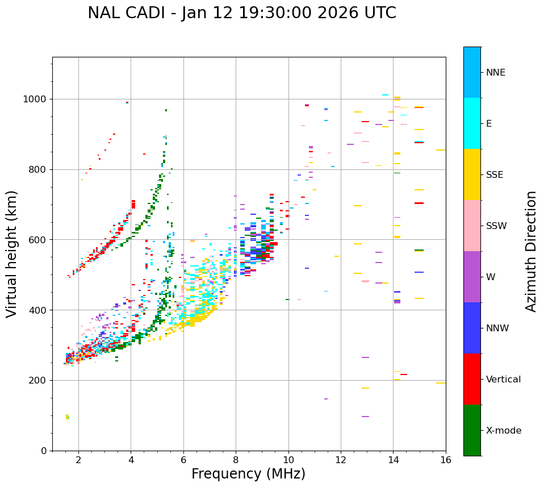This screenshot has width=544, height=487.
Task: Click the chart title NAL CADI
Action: coord(135,14)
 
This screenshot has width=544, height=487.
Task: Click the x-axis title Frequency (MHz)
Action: coord(248,474)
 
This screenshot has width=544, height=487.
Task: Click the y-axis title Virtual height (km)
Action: coord(12,253)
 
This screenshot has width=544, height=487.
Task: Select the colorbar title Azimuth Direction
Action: coord(531,251)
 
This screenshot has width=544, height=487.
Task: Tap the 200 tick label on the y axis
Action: coord(39,380)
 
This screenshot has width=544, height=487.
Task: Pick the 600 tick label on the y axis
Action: coord(39,239)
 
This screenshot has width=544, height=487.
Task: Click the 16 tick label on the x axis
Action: coord(446,460)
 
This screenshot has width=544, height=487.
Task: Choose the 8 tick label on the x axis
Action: coord(236,460)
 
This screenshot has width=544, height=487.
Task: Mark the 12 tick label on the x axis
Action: coord(341,460)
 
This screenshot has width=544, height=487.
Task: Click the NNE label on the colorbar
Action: coord(496,73)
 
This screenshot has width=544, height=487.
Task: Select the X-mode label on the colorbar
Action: coord(504,431)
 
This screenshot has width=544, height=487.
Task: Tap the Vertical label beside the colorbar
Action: coord(503,380)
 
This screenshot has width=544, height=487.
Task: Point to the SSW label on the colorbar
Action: coord(496,226)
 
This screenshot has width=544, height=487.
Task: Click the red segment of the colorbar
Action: coord(472,379)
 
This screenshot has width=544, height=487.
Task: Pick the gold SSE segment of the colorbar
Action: coord(472,174)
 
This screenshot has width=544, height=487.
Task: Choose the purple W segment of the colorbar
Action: coord(472,277)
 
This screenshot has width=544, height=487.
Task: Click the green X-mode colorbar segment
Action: coord(472,430)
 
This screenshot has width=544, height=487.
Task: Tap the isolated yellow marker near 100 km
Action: coord(67,417)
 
